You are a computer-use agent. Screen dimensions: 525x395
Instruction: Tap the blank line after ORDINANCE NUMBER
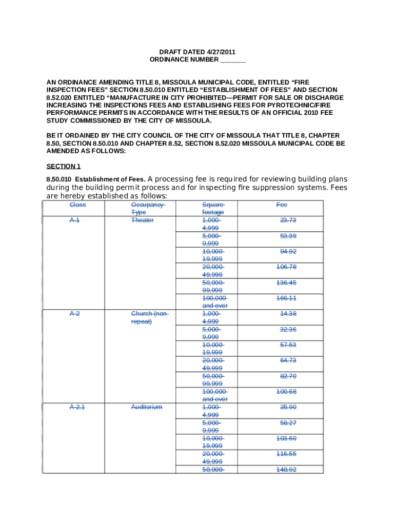[233, 60]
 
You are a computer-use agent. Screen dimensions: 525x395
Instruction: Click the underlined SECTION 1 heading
[64, 166]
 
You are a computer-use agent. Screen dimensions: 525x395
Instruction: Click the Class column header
[78, 205]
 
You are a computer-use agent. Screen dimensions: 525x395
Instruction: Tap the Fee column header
[282, 205]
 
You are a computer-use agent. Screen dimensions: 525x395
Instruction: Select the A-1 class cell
[74, 220]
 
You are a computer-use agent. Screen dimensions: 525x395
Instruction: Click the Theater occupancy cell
[142, 220]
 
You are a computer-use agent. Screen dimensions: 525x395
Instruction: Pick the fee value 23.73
[288, 220]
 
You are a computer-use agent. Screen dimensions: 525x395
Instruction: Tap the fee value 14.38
[288, 313]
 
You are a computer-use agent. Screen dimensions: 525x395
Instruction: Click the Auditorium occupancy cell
[146, 407]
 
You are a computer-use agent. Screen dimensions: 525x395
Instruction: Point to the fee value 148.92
[286, 469]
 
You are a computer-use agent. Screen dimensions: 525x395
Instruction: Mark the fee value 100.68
[286, 392]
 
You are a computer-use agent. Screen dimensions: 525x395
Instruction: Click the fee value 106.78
[286, 267]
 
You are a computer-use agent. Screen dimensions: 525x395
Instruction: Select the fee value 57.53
[288, 345]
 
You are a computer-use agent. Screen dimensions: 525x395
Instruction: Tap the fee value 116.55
[286, 454]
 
